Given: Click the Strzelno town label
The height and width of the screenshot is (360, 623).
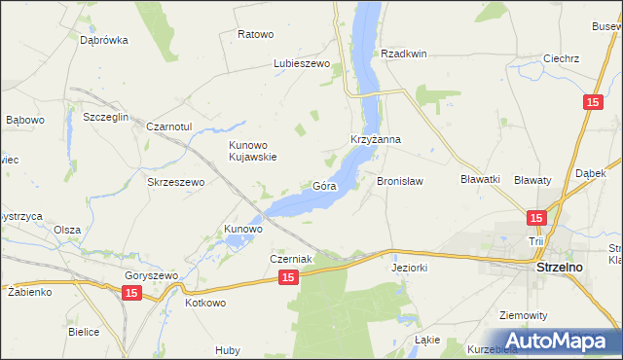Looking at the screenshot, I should click(560, 264).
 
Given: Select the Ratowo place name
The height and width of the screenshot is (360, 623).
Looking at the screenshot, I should click(255, 34).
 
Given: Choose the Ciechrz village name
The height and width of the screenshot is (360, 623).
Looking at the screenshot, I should click(562, 58).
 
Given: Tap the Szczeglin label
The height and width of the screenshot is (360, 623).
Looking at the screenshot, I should click(92, 116).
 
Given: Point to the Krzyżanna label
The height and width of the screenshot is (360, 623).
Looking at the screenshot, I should click(376, 139).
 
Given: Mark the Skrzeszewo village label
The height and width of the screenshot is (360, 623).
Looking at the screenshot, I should click(174, 182).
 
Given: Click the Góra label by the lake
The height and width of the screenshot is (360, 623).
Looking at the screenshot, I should click(324, 185).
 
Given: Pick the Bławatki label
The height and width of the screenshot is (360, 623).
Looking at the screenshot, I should click(480, 179).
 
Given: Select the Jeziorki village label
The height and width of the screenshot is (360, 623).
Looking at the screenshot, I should click(410, 266).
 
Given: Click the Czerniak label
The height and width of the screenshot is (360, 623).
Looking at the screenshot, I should click(290, 259).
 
